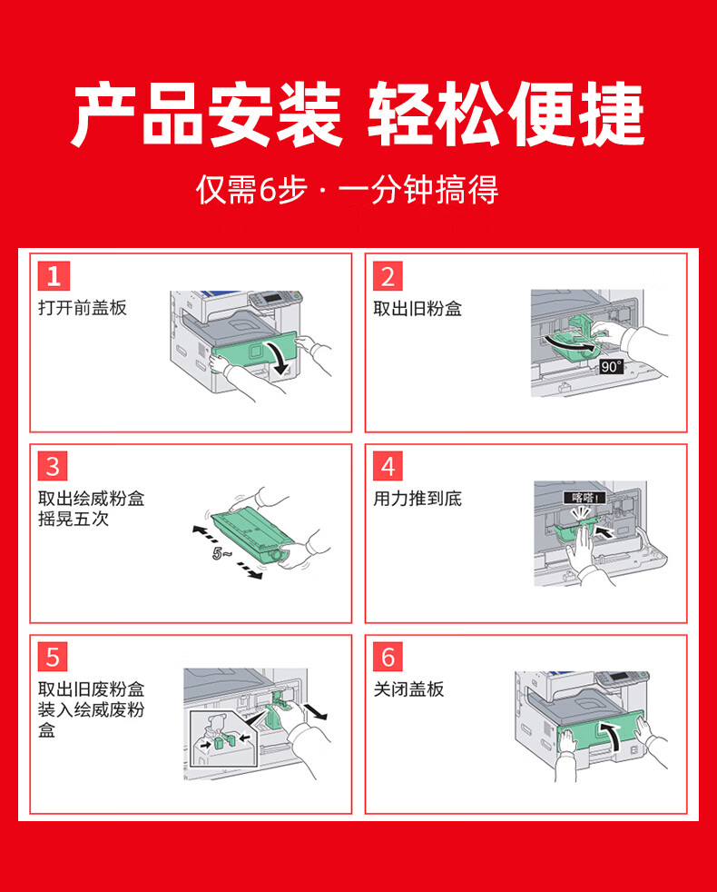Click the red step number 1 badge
click(x=54, y=276)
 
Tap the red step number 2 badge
click(x=388, y=276)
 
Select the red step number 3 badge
click(x=53, y=466)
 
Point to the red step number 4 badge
click(x=388, y=466)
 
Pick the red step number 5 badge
click(x=53, y=657)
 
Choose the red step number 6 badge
click(x=388, y=657)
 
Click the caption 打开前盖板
click(x=83, y=308)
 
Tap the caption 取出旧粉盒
click(x=417, y=309)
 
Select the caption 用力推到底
click(x=417, y=499)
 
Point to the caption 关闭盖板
click(x=408, y=689)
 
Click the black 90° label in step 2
click(x=611, y=366)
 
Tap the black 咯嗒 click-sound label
click(x=584, y=498)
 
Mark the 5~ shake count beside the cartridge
click(x=222, y=553)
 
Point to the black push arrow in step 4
click(x=604, y=531)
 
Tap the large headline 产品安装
click(x=207, y=114)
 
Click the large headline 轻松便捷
click(x=506, y=114)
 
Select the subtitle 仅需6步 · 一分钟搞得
click(x=348, y=190)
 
